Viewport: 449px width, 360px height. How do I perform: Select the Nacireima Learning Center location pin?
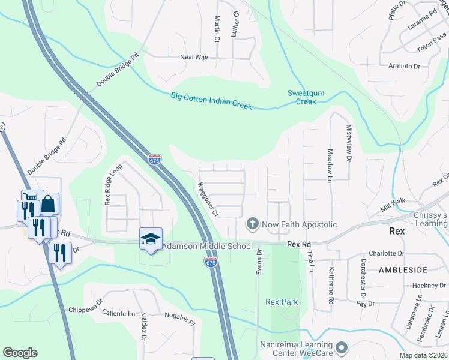tap(342, 347)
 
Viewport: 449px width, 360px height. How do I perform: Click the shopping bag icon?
tap(48, 204)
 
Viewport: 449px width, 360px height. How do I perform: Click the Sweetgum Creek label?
tap(306, 97)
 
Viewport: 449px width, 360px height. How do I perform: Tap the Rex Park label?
tap(282, 302)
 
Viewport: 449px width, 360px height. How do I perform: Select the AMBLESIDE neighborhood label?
tap(406, 271)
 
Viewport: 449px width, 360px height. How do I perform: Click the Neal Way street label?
tap(194, 58)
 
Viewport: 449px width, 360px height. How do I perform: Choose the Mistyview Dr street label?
tap(348, 143)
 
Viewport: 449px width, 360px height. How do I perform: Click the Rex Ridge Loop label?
tap(113, 184)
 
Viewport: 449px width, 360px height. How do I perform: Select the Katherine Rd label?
tap(331, 286)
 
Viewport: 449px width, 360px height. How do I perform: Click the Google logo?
tap(20, 353)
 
